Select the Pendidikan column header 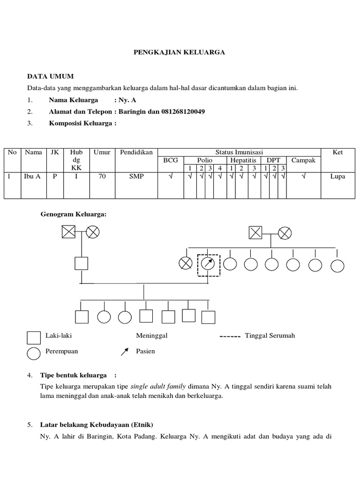click(136, 152)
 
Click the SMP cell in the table click(136, 177)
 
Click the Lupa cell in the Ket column click(337, 177)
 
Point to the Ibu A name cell click(33, 177)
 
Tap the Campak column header click(304, 160)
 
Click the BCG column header click(171, 160)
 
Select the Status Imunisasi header click(239, 152)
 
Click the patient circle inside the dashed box click(208, 264)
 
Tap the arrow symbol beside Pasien click(125, 352)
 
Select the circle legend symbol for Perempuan click(34, 353)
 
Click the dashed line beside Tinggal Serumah click(230, 337)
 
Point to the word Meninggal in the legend click(152, 336)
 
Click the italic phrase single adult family click(158, 387)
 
